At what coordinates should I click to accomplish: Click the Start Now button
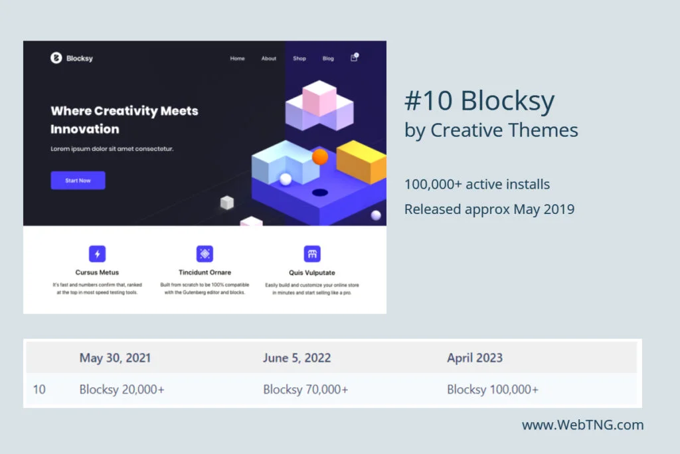click(78, 180)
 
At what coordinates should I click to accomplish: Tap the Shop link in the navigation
click(299, 58)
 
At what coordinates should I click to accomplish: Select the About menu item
click(268, 58)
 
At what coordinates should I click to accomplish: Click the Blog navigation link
click(328, 58)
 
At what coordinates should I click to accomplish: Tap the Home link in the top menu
click(237, 58)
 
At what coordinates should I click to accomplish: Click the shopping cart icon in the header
click(354, 58)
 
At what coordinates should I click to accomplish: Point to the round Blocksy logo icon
click(56, 58)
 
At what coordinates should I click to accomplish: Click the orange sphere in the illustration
click(320, 157)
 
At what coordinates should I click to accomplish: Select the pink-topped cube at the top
click(319, 96)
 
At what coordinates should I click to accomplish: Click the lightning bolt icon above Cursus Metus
click(98, 254)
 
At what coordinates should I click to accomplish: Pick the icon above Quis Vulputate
click(312, 254)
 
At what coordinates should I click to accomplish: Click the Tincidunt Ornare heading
click(205, 273)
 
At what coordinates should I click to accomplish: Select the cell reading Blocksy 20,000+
click(122, 390)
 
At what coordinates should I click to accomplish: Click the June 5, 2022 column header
click(297, 358)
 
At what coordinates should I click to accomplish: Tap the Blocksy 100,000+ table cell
click(493, 390)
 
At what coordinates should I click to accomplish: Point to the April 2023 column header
click(475, 358)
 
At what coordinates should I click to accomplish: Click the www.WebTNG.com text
click(582, 425)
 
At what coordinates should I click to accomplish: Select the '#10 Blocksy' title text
click(479, 102)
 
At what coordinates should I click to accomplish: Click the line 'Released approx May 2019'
click(489, 209)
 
